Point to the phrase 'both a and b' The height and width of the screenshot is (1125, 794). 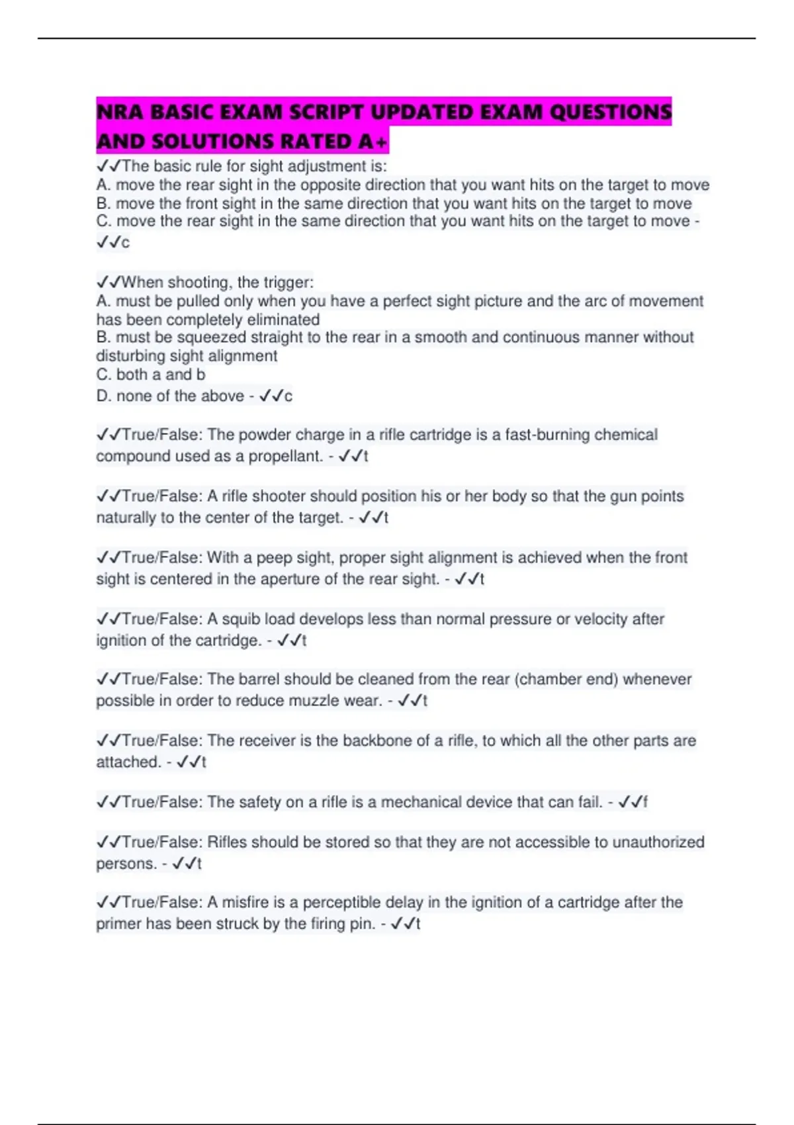tap(160, 375)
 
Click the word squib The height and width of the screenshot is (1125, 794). tap(240, 619)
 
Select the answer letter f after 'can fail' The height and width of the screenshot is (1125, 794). tap(645, 802)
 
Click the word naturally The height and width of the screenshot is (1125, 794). tap(126, 517)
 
